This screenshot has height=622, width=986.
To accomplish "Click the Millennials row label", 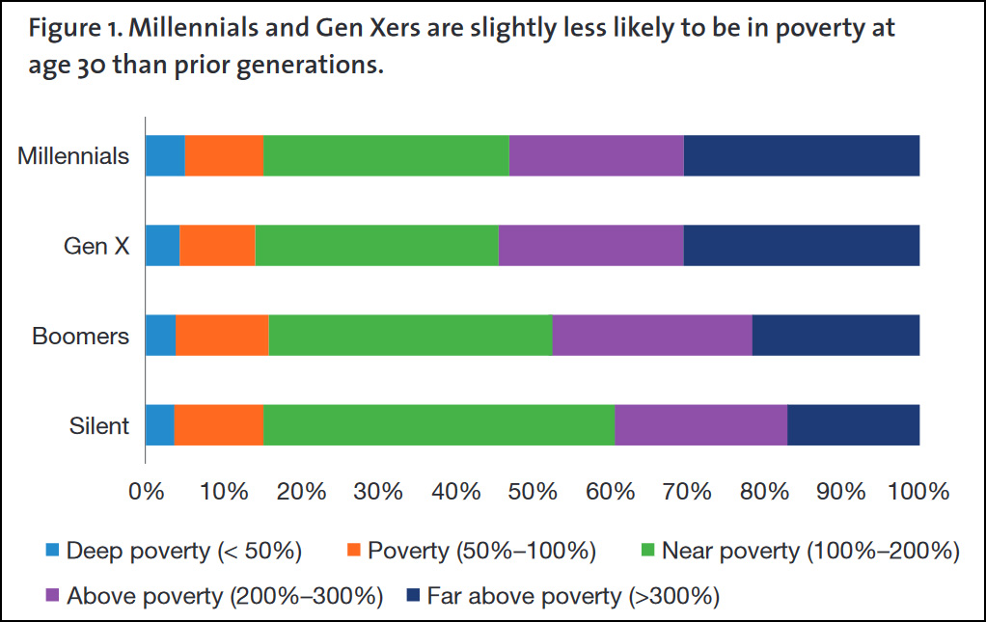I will click(73, 156).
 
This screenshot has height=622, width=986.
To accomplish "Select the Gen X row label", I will click(96, 246).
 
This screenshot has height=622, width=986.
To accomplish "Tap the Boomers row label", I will click(80, 336).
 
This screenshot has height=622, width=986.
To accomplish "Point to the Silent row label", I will click(99, 425).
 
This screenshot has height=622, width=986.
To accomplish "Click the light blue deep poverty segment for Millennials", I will click(164, 156).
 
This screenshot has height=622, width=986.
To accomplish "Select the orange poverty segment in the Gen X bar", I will click(217, 246).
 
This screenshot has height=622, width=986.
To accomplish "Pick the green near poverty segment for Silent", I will click(439, 425).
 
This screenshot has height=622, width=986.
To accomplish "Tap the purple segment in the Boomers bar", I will click(651, 336).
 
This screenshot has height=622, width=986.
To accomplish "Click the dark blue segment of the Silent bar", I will click(853, 425).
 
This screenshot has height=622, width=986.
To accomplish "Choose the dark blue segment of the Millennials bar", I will click(801, 156).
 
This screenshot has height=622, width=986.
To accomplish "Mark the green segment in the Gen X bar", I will click(376, 246).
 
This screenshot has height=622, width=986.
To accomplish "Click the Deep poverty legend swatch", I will click(53, 552).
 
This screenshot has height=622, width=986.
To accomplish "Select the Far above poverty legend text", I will click(573, 596).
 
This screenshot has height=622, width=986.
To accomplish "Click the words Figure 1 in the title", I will click(72, 28).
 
